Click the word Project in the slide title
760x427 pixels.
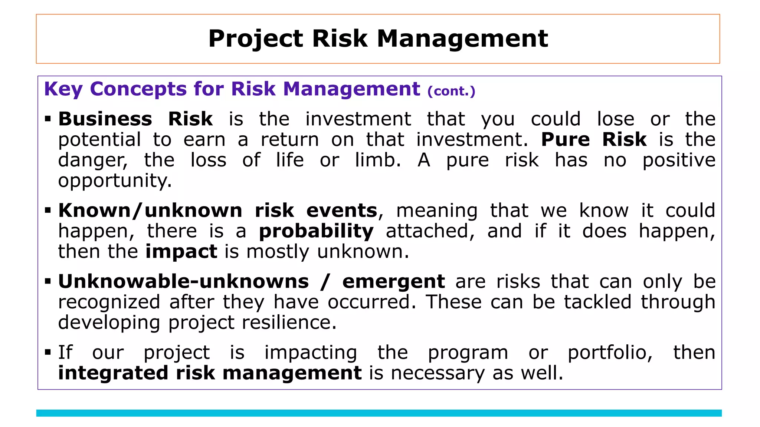pos(256,39)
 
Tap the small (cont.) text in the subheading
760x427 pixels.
pos(451,91)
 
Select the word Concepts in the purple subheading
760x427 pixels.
pos(138,89)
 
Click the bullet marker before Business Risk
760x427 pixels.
pos(47,119)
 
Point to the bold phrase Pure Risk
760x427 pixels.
pos(594,140)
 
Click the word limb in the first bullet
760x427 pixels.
pos(377,160)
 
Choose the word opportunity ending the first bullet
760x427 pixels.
pos(114,181)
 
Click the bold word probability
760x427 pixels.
pos(316,232)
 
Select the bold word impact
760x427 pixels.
pos(181,252)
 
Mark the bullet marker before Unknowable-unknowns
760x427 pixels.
pos(47,282)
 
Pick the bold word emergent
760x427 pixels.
pos(393,282)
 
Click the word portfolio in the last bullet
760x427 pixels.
pos(610,353)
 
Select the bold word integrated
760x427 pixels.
pos(113,373)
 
